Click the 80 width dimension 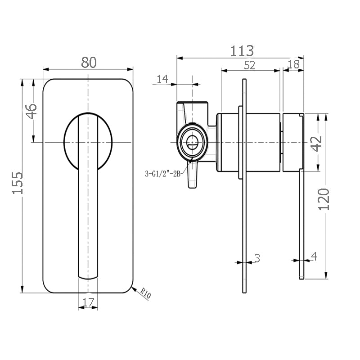coord(89,62)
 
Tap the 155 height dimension coord(18,183)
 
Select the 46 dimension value coord(31,111)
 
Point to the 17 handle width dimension coord(88,302)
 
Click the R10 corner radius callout coord(145,294)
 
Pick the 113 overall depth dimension coord(242,51)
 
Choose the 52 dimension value coord(250,65)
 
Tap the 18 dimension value coord(294,64)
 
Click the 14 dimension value coord(162,79)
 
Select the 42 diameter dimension coord(316,144)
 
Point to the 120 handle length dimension coord(324,199)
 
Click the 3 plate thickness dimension coord(257,258)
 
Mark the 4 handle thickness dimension coord(314,256)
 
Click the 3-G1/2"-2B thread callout coord(163,174)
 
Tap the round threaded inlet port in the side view coord(192,142)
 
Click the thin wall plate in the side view coord(244,186)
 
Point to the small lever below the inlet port coord(192,175)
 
